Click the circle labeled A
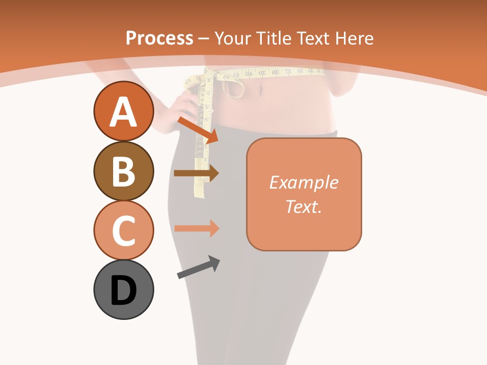123,112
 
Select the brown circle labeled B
123,171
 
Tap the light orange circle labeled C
123,230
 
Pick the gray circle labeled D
123,289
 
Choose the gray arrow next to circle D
198,267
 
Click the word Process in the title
159,38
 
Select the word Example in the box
303,182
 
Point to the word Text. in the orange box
303,206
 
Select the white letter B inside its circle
123,171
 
